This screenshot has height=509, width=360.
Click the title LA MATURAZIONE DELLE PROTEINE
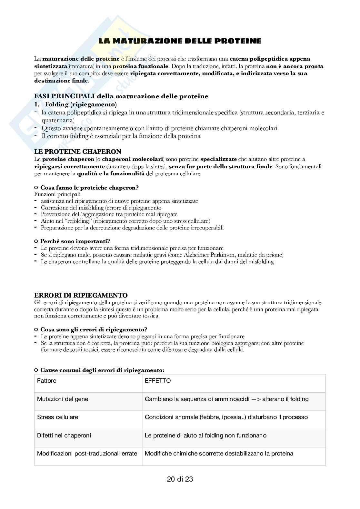point(180,41)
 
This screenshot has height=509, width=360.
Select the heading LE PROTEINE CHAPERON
point(78,152)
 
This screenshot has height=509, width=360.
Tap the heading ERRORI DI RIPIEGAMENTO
point(81,295)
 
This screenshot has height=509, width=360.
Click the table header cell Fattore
point(47,381)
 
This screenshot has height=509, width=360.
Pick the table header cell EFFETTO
point(158,381)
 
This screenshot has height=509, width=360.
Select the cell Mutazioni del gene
point(63,399)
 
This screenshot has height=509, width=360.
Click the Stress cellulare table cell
point(58,417)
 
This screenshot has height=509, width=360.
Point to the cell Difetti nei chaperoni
point(64,436)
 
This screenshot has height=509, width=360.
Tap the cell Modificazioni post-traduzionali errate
point(87,454)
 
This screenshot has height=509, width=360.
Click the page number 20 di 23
point(180,479)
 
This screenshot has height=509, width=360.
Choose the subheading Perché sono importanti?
point(75,241)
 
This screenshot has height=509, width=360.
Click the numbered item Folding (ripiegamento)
point(81,104)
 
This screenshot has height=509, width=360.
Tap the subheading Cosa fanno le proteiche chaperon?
point(89,188)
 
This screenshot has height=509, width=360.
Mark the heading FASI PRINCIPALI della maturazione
point(121,96)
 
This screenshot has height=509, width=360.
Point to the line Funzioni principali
point(57,194)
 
